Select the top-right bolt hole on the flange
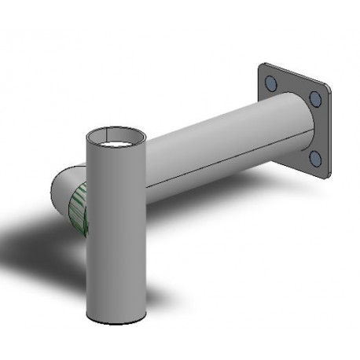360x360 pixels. [x=314, y=99]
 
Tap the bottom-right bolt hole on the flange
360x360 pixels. [x=315, y=159]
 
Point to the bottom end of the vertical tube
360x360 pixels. [x=116, y=317]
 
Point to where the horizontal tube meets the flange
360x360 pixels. [x=303, y=134]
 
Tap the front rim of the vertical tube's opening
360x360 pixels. [x=116, y=146]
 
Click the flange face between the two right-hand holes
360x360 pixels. [x=316, y=130]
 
